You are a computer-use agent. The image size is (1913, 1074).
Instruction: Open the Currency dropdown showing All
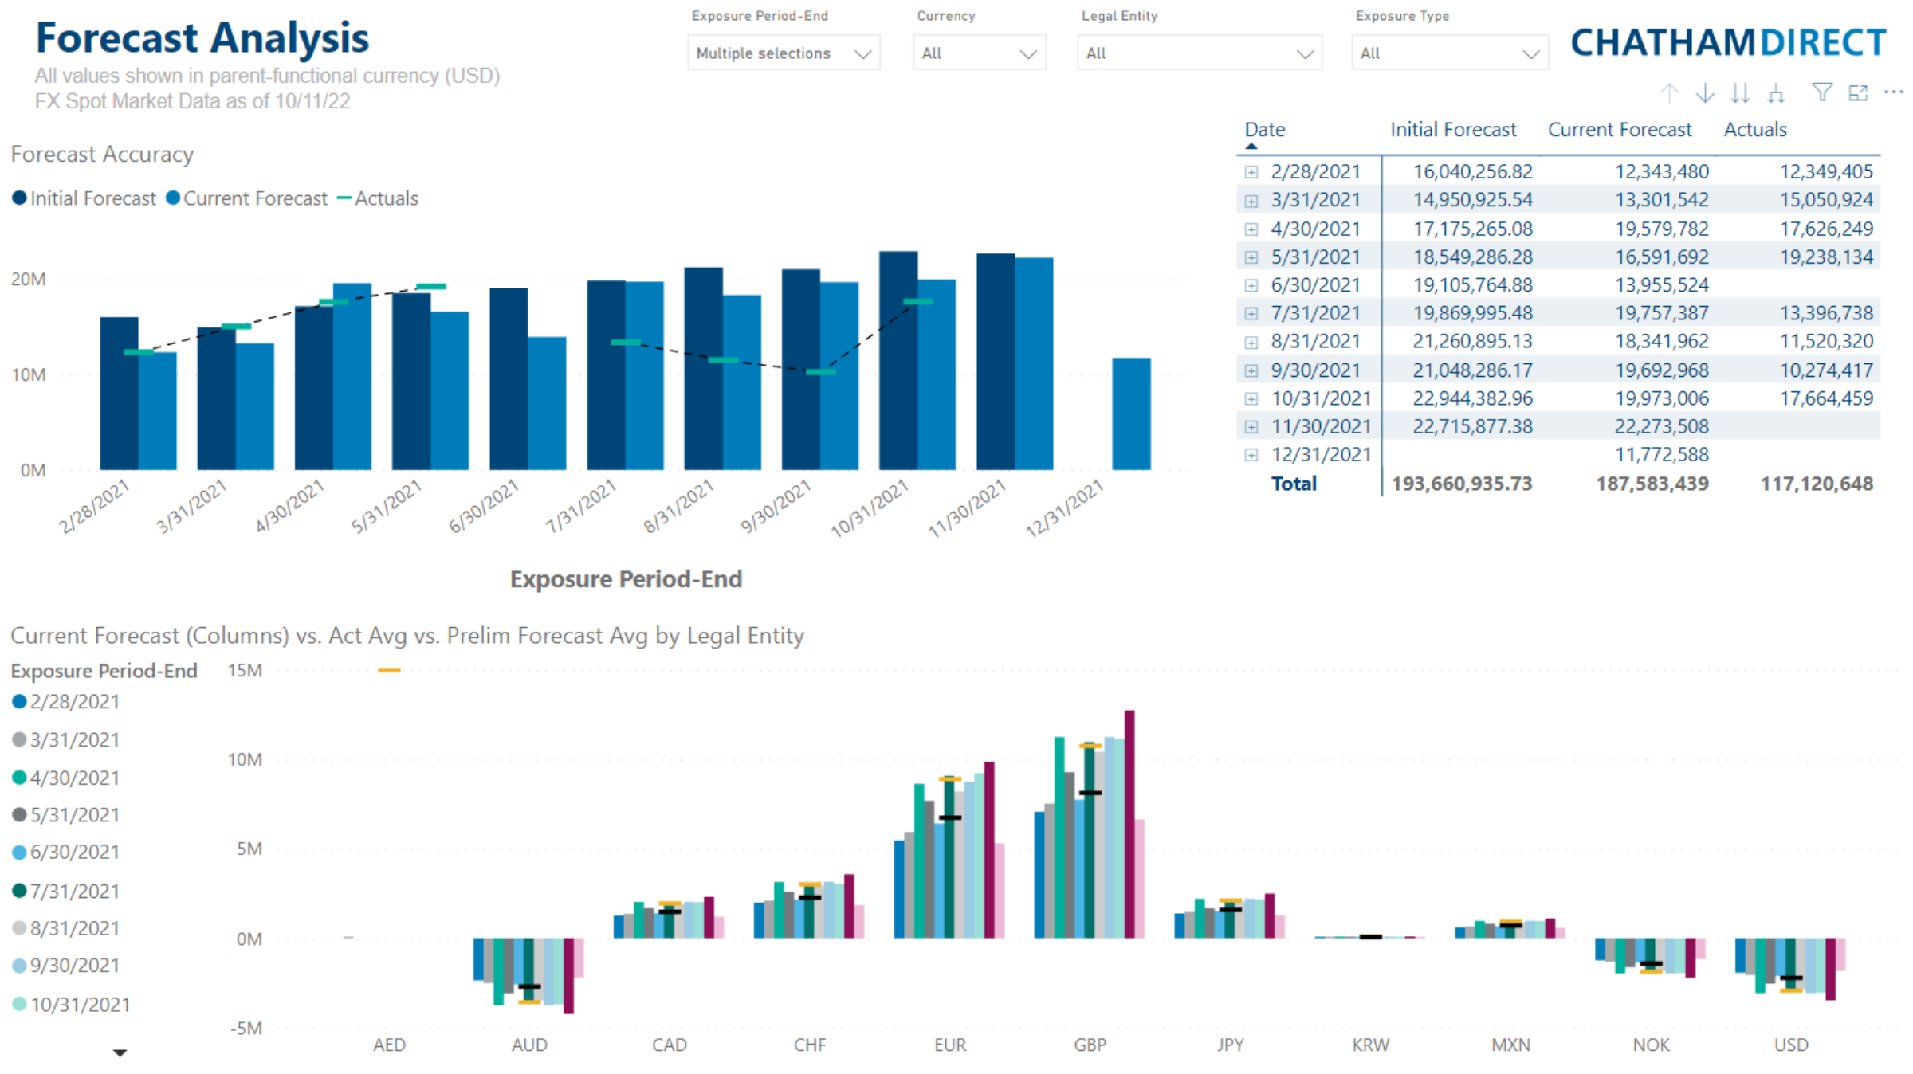tap(979, 53)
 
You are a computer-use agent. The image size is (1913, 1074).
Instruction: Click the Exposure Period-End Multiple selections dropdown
tap(783, 53)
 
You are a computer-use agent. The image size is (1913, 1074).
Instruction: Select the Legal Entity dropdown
tap(1199, 53)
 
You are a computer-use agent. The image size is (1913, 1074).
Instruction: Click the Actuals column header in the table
tap(1754, 130)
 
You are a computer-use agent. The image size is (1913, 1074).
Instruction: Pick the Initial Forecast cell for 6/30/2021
tap(1472, 285)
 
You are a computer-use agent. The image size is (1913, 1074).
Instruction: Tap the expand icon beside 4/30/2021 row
tap(1251, 229)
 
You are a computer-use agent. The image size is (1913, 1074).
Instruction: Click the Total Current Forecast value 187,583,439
tap(1652, 484)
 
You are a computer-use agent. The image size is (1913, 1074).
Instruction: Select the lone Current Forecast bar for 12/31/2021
tap(1131, 414)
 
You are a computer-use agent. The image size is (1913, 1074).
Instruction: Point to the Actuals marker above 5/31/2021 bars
tap(431, 286)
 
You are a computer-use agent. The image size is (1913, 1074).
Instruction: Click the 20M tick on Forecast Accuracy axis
tap(29, 280)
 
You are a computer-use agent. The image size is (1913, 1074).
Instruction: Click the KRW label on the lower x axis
tap(1370, 1045)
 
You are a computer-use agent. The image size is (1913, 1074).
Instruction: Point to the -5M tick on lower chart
tap(246, 1029)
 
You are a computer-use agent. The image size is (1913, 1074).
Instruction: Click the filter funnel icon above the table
tap(1821, 92)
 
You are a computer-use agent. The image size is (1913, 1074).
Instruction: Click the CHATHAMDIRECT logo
tap(1728, 42)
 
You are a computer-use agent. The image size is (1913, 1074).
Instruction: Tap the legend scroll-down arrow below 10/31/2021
tap(120, 1053)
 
